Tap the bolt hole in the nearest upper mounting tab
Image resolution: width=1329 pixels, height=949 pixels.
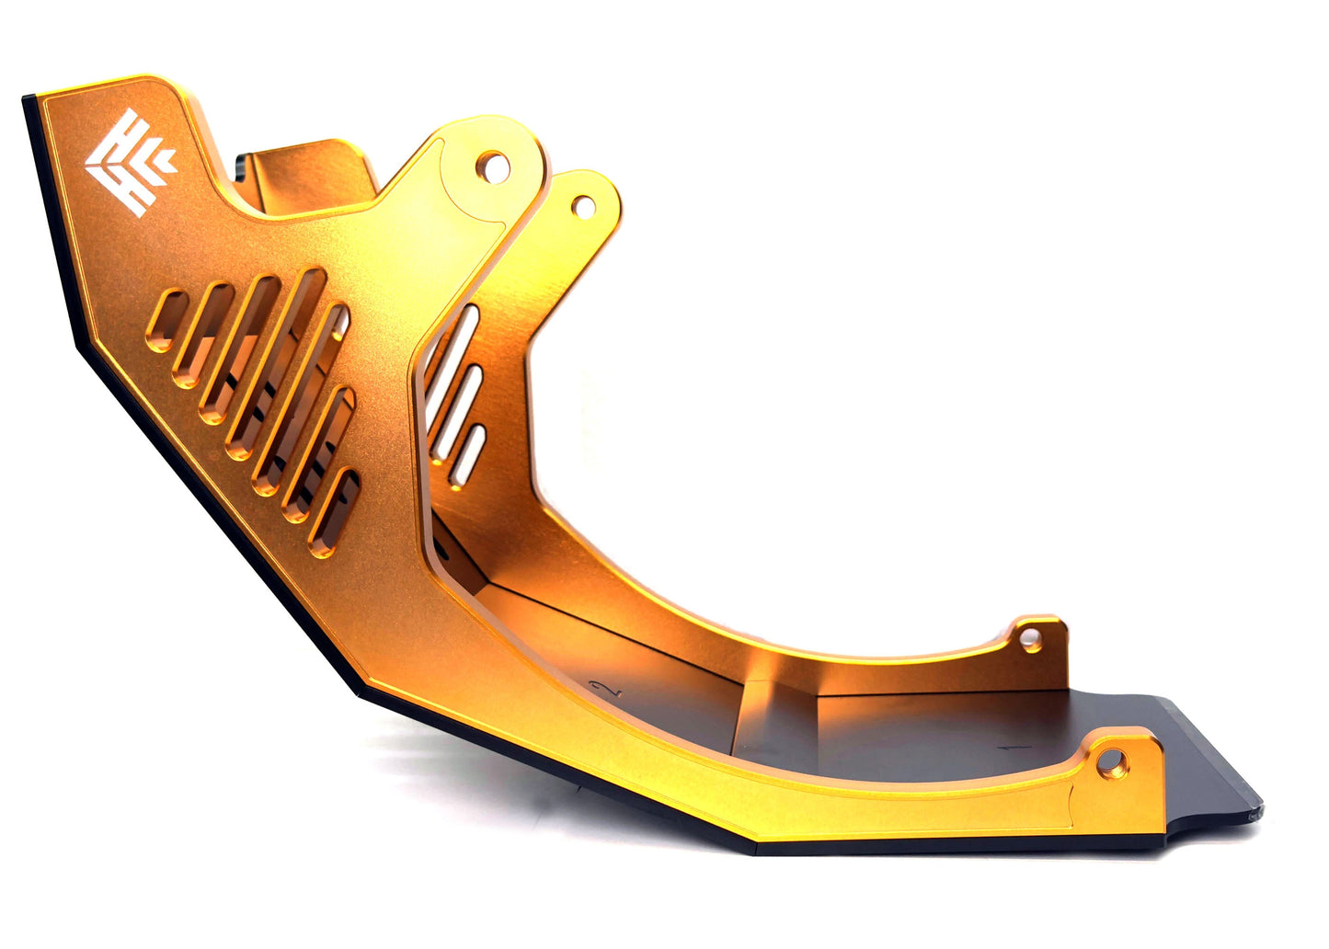493,167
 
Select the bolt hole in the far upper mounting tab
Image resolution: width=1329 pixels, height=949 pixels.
583,207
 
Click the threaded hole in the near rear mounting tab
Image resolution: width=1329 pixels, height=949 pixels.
1112,762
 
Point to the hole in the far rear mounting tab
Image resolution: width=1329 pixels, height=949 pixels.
1031,641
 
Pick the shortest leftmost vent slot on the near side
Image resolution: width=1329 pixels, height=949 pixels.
166,321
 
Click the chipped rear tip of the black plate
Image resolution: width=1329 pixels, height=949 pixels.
1255,813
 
